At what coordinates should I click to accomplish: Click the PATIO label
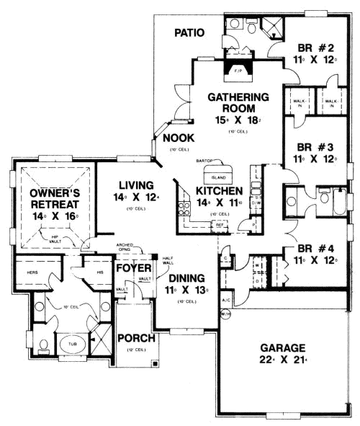190,32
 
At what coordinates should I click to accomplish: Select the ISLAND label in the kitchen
220,177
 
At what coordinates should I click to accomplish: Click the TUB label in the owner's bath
72,344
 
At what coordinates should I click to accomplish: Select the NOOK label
176,138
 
